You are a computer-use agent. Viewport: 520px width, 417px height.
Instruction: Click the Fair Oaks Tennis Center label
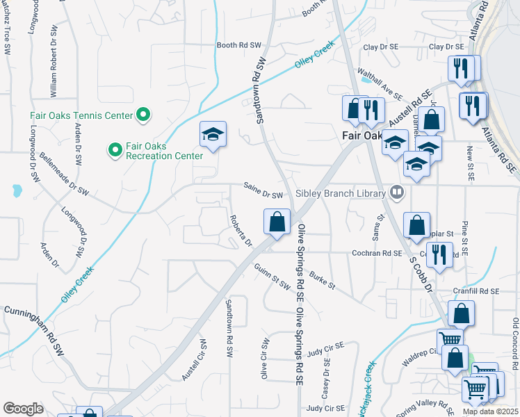81,115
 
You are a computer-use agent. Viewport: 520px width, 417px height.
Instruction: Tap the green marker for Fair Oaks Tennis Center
143,115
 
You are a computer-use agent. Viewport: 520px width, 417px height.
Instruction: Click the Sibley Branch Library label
341,193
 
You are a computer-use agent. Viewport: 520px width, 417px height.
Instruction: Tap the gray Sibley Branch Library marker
397,191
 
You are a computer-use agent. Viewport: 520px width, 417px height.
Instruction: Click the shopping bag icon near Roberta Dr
277,222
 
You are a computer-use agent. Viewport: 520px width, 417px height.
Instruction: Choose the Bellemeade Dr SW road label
65,172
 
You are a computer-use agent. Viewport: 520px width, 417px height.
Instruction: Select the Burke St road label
323,280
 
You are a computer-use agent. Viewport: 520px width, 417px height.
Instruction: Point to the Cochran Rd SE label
377,254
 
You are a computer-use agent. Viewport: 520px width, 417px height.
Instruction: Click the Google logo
23,409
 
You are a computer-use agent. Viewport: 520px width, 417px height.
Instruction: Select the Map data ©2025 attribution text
489,411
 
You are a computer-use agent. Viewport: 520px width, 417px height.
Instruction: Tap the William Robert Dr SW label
53,67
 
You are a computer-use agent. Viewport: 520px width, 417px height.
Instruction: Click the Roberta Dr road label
241,230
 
